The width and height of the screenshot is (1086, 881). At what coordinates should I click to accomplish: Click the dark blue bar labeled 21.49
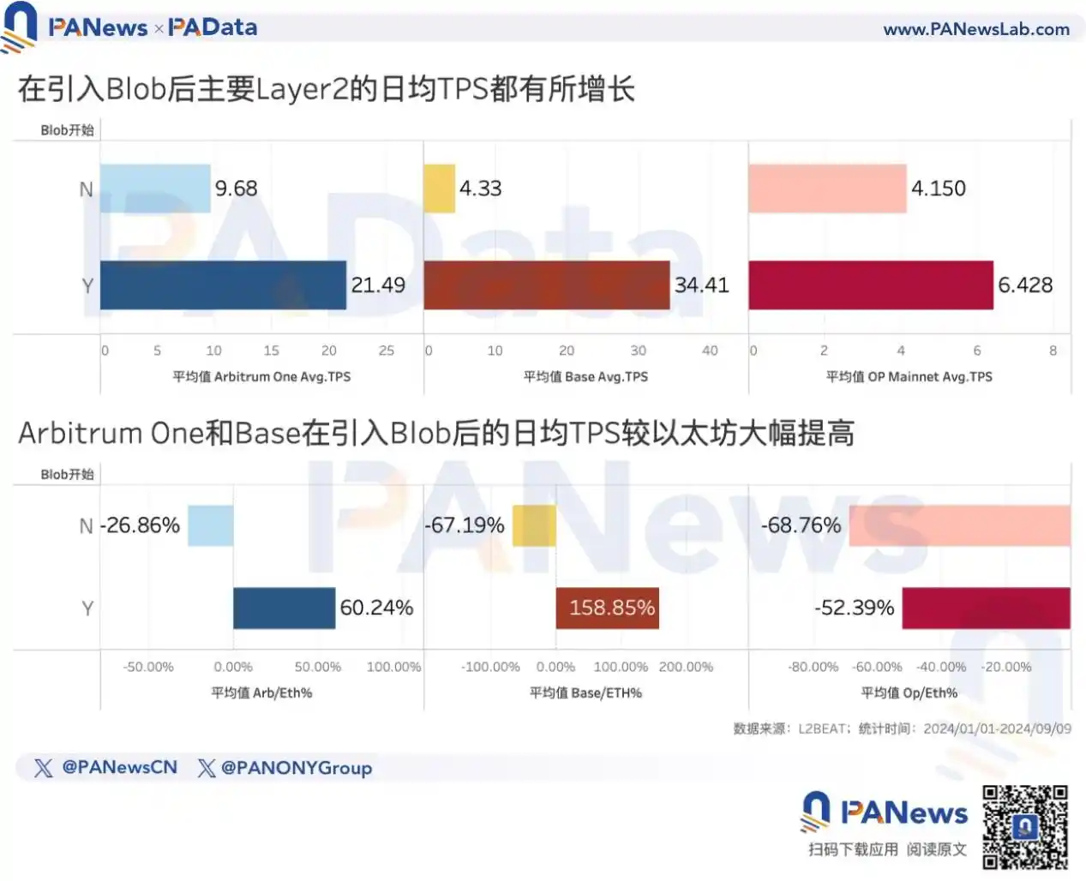(223, 285)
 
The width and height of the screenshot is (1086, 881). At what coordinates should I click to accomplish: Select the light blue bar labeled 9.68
(155, 189)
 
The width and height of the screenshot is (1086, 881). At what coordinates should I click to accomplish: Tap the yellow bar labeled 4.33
(439, 189)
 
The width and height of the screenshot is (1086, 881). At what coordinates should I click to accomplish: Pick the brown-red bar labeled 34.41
(546, 285)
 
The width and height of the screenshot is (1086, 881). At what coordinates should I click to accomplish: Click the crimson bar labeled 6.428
(870, 285)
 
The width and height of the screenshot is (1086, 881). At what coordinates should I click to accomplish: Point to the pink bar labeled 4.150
(827, 189)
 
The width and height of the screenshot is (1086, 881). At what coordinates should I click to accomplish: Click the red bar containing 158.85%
(608, 608)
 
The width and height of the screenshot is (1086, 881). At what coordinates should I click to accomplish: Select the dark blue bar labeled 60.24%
(284, 608)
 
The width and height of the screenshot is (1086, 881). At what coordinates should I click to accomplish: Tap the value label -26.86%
(141, 525)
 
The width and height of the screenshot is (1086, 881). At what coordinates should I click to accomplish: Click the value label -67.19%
(465, 525)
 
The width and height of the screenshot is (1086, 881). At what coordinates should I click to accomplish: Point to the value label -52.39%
(855, 608)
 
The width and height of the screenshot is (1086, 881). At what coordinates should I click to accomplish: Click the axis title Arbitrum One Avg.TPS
(261, 376)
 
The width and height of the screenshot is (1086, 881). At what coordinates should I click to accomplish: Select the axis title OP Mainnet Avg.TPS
(909, 376)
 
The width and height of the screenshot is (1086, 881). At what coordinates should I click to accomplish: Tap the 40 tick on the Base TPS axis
(710, 351)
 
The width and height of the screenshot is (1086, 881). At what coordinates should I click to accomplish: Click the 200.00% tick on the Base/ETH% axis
(686, 667)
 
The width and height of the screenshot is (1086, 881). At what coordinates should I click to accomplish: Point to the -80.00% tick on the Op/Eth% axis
(813, 667)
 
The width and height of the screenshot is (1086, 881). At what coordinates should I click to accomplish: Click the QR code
(1025, 827)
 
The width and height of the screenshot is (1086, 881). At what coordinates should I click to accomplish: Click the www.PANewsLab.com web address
(976, 29)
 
